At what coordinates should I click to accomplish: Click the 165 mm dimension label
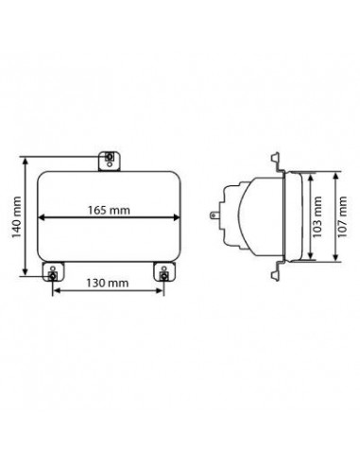(x=109, y=210)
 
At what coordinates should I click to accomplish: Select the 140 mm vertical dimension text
(x=16, y=217)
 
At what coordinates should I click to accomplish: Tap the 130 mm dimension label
(x=108, y=283)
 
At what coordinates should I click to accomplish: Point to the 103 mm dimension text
(x=317, y=217)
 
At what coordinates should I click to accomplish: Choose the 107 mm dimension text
(x=342, y=217)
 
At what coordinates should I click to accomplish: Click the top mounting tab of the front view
(x=110, y=161)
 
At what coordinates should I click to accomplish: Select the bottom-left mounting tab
(x=53, y=271)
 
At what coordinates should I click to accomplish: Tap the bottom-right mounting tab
(x=164, y=271)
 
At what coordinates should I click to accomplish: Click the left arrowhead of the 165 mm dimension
(x=42, y=217)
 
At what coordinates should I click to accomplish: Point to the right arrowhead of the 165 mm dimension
(x=176, y=217)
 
